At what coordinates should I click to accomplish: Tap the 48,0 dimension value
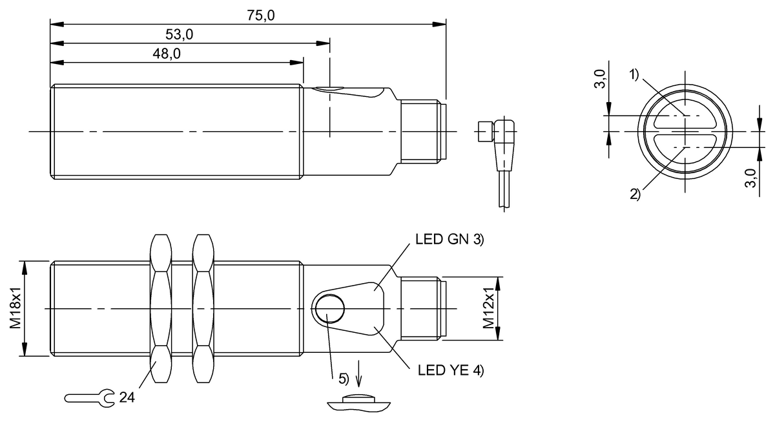167,54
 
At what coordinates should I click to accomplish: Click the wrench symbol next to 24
89,397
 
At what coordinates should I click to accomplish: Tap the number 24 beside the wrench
127,397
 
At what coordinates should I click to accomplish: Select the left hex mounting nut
161,309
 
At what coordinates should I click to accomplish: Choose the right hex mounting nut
203,309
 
